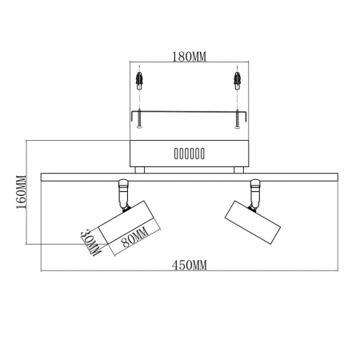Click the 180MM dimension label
[x=190, y=58]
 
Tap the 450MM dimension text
[x=190, y=265]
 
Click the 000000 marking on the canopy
[x=190, y=153]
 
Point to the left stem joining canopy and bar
[x=142, y=169]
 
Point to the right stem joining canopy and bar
[x=238, y=169]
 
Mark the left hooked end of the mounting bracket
[x=132, y=118]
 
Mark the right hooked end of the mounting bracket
[x=247, y=118]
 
